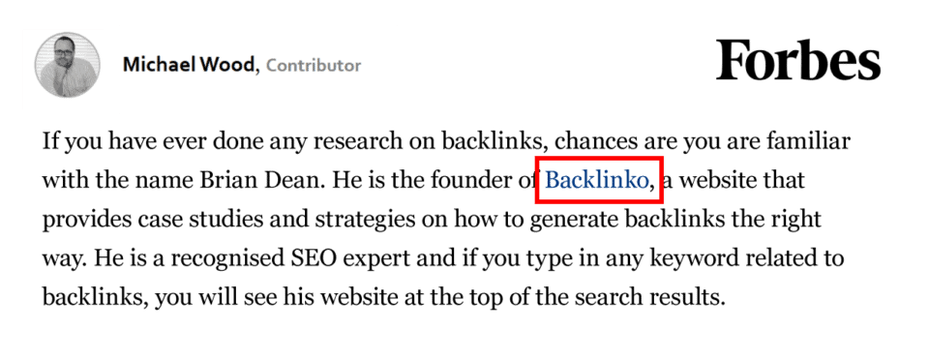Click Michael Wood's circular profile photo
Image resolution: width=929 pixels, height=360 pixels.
pyautogui.click(x=63, y=69)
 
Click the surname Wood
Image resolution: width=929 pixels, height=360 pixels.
pyautogui.click(x=227, y=66)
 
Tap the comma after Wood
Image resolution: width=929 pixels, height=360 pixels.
pyautogui.click(x=258, y=69)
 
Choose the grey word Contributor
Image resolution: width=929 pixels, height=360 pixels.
pyautogui.click(x=314, y=66)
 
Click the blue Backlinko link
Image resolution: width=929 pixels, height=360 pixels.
pyautogui.click(x=596, y=180)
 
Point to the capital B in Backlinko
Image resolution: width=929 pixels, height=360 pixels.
pyautogui.click(x=551, y=180)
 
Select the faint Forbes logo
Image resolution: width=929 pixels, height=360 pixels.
pyautogui.click(x=802, y=64)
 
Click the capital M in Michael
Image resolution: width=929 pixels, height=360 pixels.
pyautogui.click(x=131, y=66)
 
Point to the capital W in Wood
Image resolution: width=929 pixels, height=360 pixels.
pyautogui.click(x=209, y=66)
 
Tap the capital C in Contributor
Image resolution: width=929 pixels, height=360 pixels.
pyautogui.click(x=272, y=66)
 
